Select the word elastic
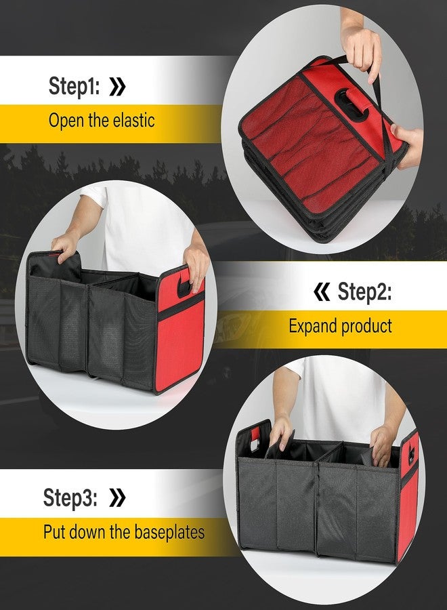pyautogui.click(x=133, y=121)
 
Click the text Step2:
pyautogui.click(x=364, y=292)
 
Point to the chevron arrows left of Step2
pyautogui.click(x=322, y=292)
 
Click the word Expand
pyautogui.click(x=314, y=326)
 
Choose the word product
pyautogui.click(x=367, y=326)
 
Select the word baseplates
pyautogui.click(x=168, y=531)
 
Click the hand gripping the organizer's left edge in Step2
pyautogui.click(x=66, y=244)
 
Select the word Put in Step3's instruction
pyautogui.click(x=55, y=531)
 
